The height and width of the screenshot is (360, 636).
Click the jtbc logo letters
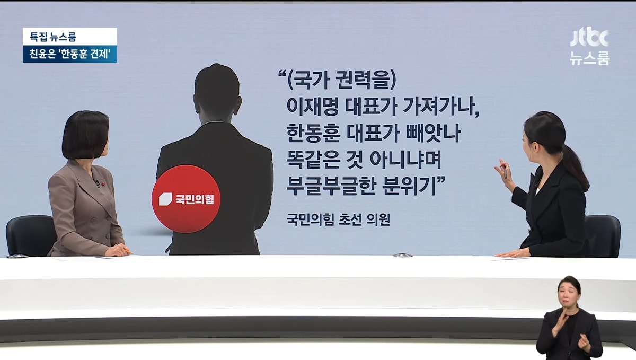click(x=589, y=38)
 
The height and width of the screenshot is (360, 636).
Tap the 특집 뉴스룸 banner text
click(x=53, y=37)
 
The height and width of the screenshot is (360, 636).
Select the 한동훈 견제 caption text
click(x=85, y=54)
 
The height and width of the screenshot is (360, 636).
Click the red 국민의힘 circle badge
click(x=186, y=199)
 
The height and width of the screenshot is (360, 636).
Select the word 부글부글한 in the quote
click(x=330, y=187)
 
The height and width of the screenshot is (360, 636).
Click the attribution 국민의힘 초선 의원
click(x=338, y=219)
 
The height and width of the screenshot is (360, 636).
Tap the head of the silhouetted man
click(x=217, y=94)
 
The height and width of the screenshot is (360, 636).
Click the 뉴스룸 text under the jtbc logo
click(x=590, y=58)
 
